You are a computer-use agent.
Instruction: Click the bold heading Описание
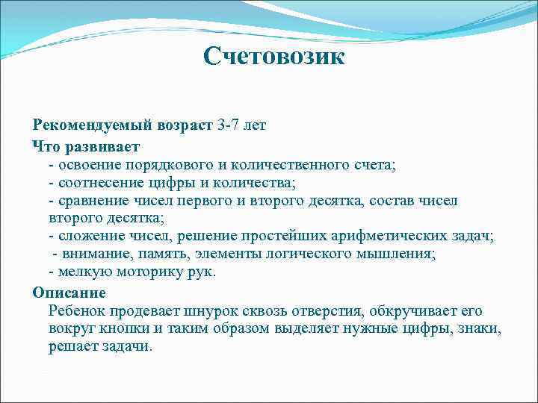tap(69, 292)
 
